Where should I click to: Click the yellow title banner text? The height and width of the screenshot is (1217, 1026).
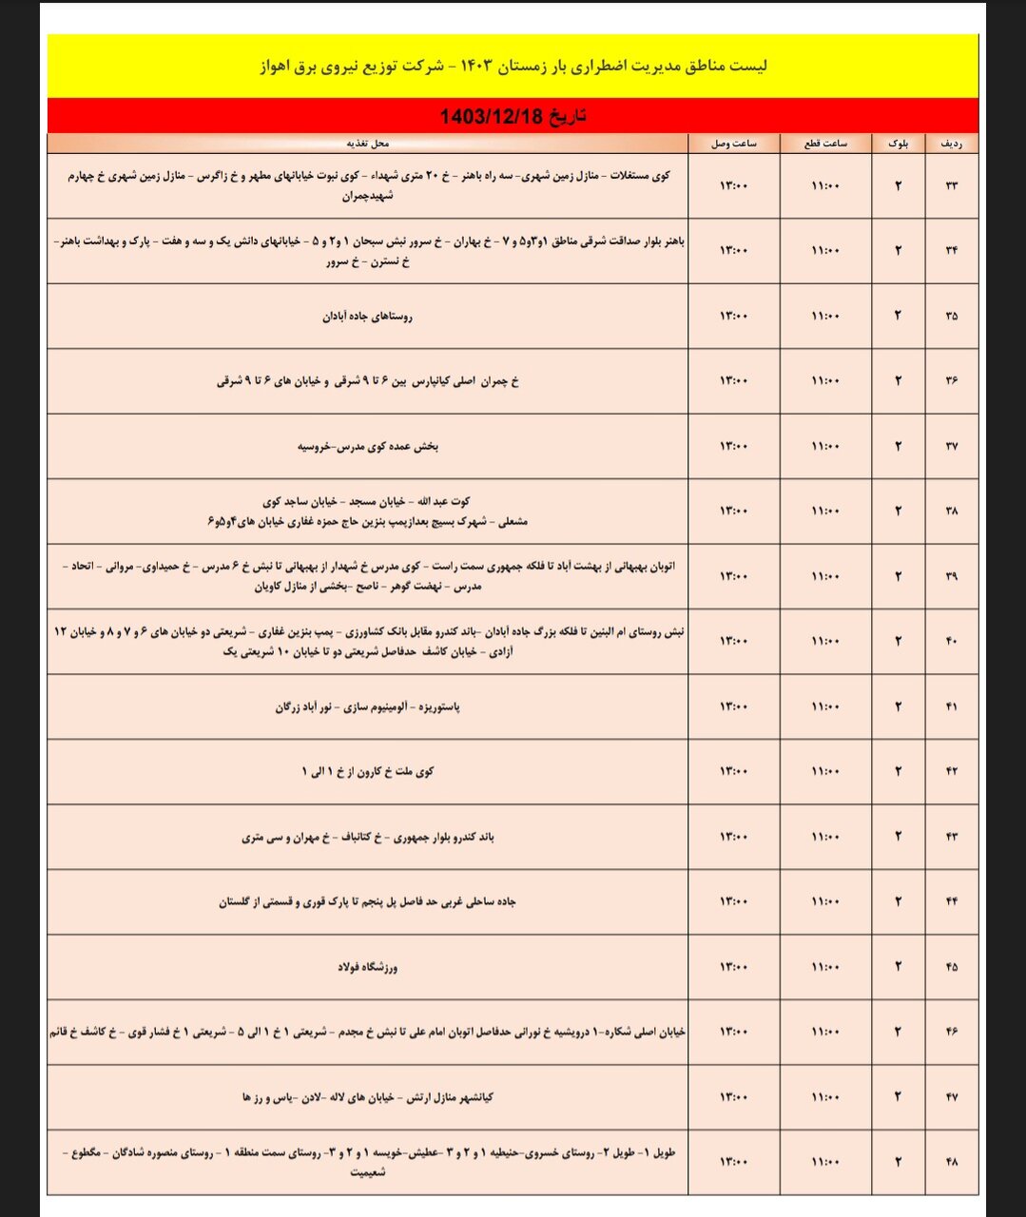(513, 67)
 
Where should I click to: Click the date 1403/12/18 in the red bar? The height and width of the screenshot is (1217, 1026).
(513, 117)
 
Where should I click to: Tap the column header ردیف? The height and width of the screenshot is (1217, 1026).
(951, 144)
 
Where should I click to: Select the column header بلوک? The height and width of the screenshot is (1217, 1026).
(898, 144)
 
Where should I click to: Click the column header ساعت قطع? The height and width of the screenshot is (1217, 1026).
(825, 144)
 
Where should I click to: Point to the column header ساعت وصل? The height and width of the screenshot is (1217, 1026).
(734, 144)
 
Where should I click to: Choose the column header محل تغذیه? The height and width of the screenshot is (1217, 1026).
(367, 144)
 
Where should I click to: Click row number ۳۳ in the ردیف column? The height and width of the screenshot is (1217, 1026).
(951, 185)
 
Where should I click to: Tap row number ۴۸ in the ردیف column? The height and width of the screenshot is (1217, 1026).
(951, 1162)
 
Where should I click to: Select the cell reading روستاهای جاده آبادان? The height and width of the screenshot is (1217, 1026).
(367, 317)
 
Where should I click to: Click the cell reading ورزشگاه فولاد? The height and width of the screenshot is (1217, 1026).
(367, 967)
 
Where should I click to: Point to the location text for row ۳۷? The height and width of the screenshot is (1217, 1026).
(367, 446)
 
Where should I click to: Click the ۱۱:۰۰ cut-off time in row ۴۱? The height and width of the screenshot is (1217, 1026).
(825, 706)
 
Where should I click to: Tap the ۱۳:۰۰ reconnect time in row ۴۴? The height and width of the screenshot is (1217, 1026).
(734, 901)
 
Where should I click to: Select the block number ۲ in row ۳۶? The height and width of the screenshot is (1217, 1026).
(898, 380)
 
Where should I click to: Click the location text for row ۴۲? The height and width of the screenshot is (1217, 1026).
(367, 772)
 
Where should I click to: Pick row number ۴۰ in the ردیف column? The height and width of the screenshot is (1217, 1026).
(951, 642)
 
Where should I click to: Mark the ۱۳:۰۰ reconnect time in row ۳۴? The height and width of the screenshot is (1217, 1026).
(734, 251)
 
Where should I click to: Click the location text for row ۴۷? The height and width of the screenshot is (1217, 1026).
(367, 1097)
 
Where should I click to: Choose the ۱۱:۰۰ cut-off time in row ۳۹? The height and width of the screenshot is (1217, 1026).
(825, 576)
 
